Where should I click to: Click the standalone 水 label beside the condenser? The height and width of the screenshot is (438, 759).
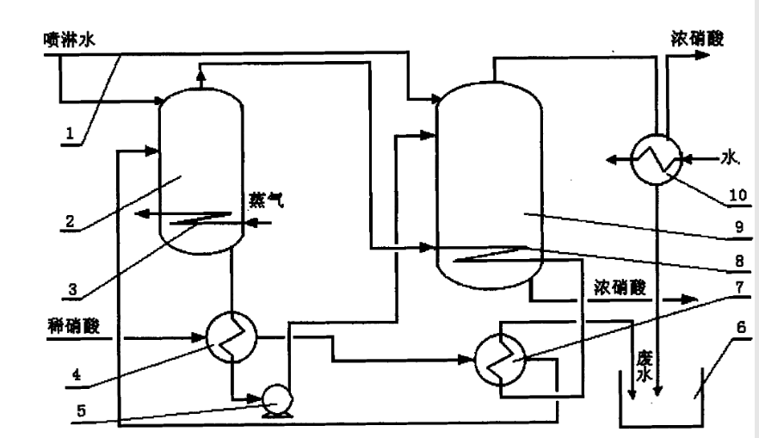pos(730,157)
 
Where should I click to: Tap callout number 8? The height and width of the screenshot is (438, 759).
pos(728,259)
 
